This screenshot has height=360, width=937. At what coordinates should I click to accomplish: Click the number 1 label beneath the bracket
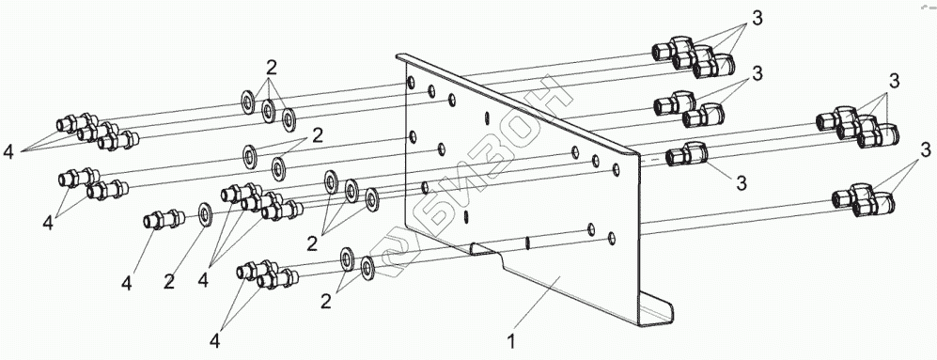click(x=511, y=343)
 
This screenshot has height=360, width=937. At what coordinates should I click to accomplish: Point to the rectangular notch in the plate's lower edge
click(x=485, y=249)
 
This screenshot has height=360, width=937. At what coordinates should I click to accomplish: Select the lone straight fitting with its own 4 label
click(x=162, y=220)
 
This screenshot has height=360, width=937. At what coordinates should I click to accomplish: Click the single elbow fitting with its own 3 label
click(x=687, y=155)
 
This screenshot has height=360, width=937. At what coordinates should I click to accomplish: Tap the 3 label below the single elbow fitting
click(x=741, y=183)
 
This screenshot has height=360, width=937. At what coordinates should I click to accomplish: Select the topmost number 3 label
click(x=757, y=19)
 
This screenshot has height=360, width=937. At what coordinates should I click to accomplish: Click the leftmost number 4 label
click(x=8, y=153)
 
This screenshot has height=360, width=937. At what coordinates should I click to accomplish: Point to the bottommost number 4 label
click(x=215, y=341)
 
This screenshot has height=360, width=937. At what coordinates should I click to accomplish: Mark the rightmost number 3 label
click(x=926, y=148)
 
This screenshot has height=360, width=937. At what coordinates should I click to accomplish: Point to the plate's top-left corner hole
click(x=411, y=82)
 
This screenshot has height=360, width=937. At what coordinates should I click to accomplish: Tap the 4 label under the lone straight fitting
click(x=127, y=283)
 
